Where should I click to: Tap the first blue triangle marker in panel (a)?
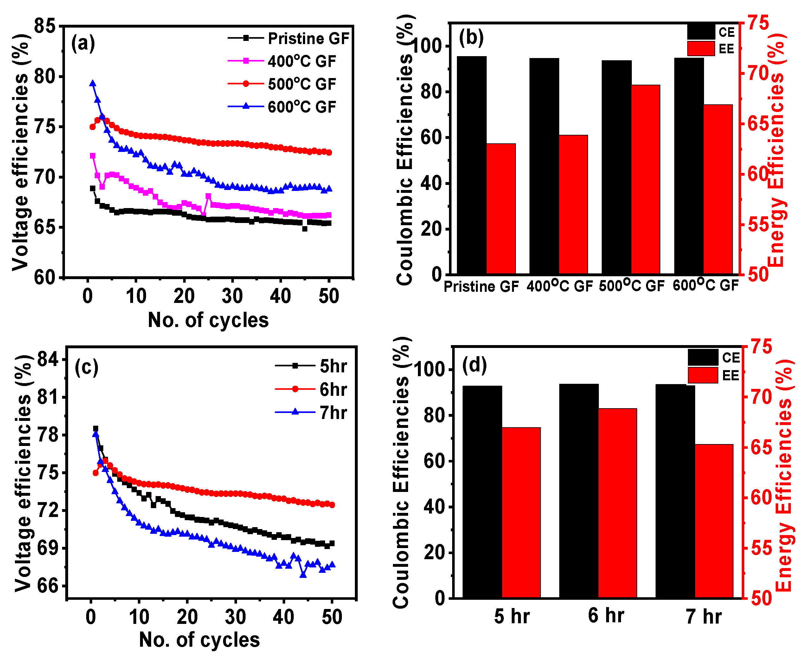pyautogui.click(x=93, y=83)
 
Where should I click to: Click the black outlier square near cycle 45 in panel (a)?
pyautogui.click(x=305, y=229)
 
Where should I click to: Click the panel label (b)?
pyautogui.click(x=471, y=38)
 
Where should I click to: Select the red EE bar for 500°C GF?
pyautogui.click(x=645, y=179)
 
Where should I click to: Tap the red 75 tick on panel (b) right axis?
pyautogui.click(x=758, y=23)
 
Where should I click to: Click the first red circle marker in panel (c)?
pyautogui.click(x=95, y=473)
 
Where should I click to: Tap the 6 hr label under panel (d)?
pyautogui.click(x=606, y=616)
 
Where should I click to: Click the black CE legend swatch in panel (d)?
pyautogui.click(x=702, y=357)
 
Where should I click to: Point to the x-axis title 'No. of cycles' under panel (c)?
pyautogui.click(x=199, y=640)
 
